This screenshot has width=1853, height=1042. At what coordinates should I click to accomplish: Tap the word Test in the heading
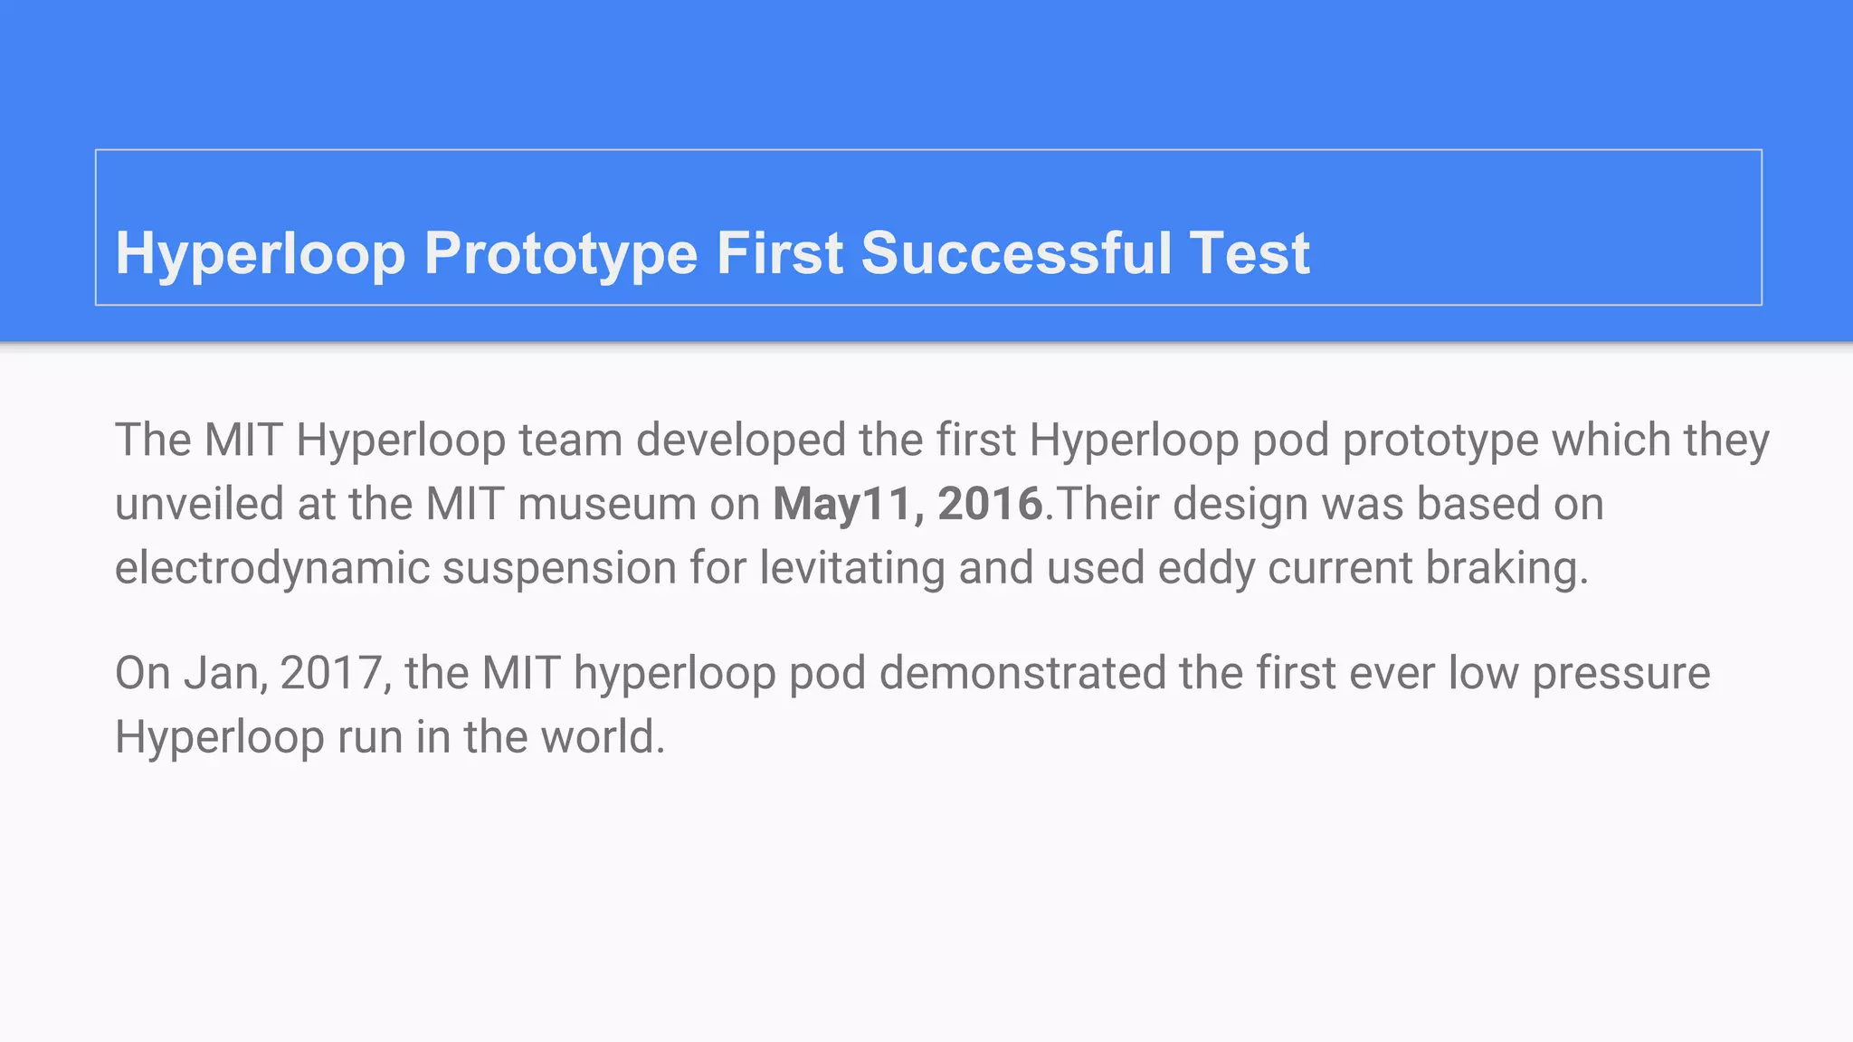pyautogui.click(x=1250, y=253)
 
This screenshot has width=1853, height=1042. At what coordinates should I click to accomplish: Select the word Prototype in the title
pyautogui.click(x=561, y=253)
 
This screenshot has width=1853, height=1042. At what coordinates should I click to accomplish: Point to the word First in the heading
pyautogui.click(x=780, y=253)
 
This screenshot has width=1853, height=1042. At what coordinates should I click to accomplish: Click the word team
pyautogui.click(x=570, y=440)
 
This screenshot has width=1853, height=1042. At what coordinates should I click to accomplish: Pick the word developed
pyautogui.click(x=741, y=440)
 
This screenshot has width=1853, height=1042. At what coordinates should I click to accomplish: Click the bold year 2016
pyautogui.click(x=990, y=504)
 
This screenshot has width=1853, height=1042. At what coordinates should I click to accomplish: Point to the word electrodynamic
pyautogui.click(x=271, y=568)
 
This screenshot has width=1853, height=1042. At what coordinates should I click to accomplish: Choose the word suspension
pyautogui.click(x=559, y=568)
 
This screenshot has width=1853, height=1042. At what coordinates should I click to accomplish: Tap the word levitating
pyautogui.click(x=851, y=568)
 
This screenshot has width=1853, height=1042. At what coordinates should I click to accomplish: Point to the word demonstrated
pyautogui.click(x=1022, y=674)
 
